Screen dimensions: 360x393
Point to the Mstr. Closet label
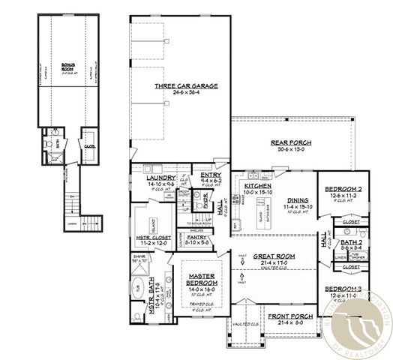[153, 238]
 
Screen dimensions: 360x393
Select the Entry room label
[211, 175]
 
